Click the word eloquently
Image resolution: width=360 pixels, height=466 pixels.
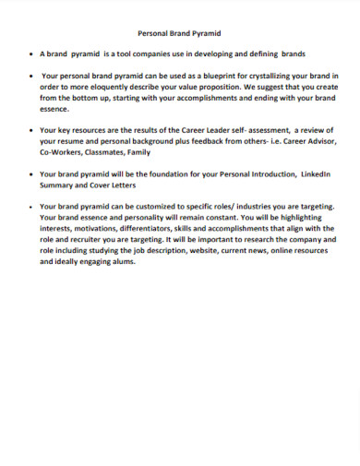[113, 86]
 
